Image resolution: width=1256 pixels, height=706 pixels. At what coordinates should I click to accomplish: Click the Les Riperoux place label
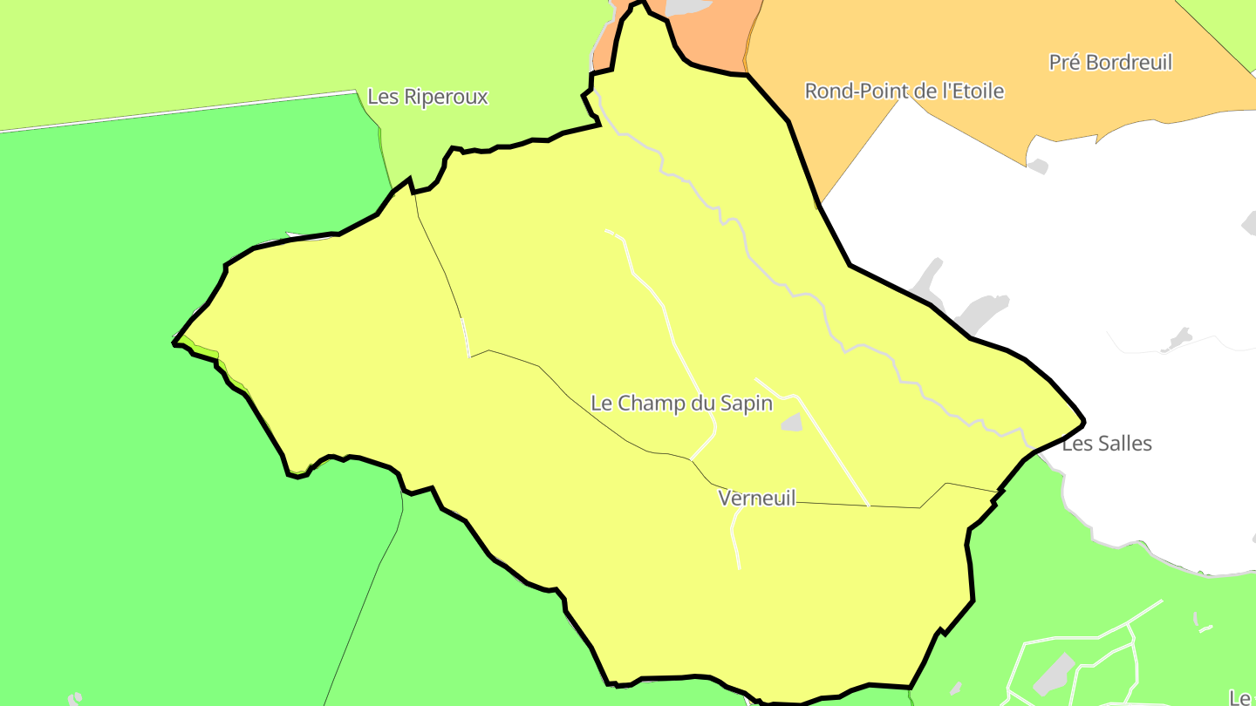(x=427, y=97)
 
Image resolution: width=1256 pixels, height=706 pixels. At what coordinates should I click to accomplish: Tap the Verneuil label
(x=757, y=498)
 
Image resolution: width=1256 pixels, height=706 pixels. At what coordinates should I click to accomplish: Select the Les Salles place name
(x=1107, y=444)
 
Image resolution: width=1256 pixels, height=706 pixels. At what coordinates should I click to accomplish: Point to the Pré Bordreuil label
(x=1110, y=63)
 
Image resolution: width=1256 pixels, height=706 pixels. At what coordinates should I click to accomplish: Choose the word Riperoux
(x=445, y=97)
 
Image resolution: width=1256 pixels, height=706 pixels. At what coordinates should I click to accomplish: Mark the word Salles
(x=1125, y=444)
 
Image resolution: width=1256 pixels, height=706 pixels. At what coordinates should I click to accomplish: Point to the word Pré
(x=1063, y=63)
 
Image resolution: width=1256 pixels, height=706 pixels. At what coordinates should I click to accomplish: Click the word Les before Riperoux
(x=383, y=97)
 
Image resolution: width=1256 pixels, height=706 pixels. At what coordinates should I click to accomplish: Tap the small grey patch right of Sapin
(x=792, y=423)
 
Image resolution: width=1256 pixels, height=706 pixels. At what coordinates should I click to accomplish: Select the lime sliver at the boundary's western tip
(x=204, y=351)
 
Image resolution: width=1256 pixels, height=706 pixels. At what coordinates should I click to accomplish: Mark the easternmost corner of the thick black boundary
(x=1083, y=423)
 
